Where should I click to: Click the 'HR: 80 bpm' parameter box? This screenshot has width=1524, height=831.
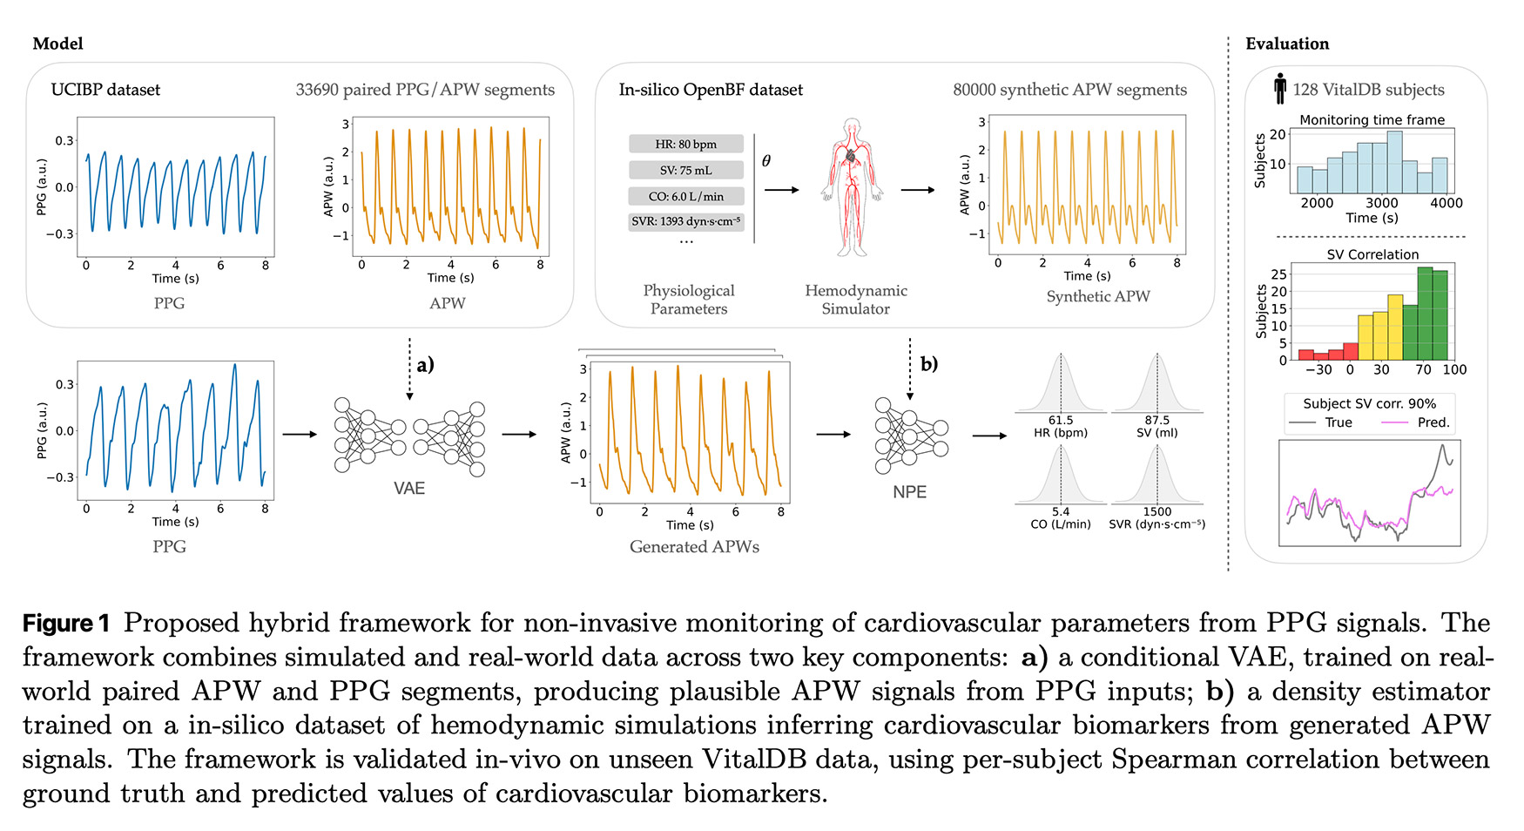[x=685, y=145]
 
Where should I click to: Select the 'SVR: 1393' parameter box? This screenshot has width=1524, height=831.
[x=685, y=221]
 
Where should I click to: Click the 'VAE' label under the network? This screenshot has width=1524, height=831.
[x=409, y=489]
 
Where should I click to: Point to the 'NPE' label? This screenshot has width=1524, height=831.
[x=909, y=492]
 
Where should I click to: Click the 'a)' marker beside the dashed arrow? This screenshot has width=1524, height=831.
[x=425, y=365]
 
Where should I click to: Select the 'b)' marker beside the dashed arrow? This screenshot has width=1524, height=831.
[x=929, y=364]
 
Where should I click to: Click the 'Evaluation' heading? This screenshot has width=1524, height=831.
[x=1287, y=44]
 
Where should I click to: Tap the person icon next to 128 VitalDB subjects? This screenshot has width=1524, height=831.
[x=1279, y=89]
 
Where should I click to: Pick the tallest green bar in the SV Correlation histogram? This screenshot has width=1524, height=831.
[x=1425, y=314]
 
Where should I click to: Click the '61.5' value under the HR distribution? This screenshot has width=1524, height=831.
[x=1061, y=420]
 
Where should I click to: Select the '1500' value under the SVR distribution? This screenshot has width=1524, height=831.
[x=1157, y=511]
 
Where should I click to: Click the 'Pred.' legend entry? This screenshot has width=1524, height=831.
[x=1433, y=422]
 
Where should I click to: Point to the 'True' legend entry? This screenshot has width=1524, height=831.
[x=1339, y=422]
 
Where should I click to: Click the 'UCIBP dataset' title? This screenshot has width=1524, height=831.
[x=105, y=90]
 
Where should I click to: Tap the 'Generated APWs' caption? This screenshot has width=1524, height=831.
[x=694, y=547]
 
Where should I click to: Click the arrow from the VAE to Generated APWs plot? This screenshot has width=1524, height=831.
[x=519, y=434]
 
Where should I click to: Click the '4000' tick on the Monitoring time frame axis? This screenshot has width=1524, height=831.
[x=1446, y=203]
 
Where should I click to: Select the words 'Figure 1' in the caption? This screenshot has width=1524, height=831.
[x=66, y=624]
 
